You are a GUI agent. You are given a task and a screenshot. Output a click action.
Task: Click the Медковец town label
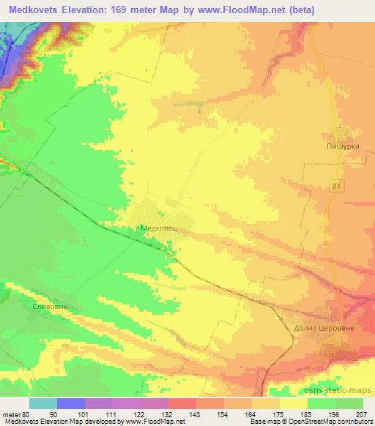point(158,228)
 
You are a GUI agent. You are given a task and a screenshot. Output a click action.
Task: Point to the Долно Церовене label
point(324,329)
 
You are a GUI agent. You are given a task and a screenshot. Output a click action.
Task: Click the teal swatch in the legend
point(43,404)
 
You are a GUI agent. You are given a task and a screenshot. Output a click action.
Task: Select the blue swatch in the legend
point(71,404)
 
